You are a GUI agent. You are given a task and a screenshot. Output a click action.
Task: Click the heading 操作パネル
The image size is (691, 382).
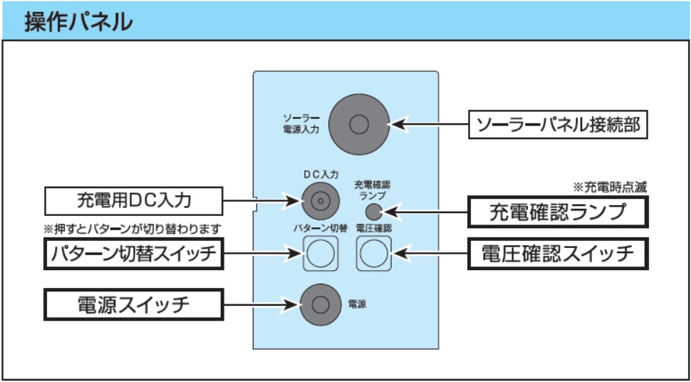(x=79, y=21)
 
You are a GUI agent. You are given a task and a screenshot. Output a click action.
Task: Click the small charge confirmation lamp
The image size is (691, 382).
(x=373, y=211)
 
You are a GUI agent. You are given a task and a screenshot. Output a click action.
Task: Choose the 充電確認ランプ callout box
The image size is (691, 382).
(x=558, y=212)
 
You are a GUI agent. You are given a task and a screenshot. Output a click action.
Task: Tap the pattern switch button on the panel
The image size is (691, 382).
(x=319, y=252)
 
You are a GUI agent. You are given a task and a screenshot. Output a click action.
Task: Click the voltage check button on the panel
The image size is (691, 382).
(x=373, y=252)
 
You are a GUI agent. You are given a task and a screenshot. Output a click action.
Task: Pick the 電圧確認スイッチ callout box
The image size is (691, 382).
(x=558, y=253)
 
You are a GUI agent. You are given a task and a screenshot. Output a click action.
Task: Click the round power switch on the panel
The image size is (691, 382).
(x=319, y=304)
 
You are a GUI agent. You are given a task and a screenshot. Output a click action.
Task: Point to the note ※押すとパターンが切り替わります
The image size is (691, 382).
(x=133, y=229)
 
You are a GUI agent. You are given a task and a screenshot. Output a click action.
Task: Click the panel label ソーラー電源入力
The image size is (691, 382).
(x=301, y=124)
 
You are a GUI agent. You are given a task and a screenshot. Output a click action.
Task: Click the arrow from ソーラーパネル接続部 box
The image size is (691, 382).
(x=431, y=125)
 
